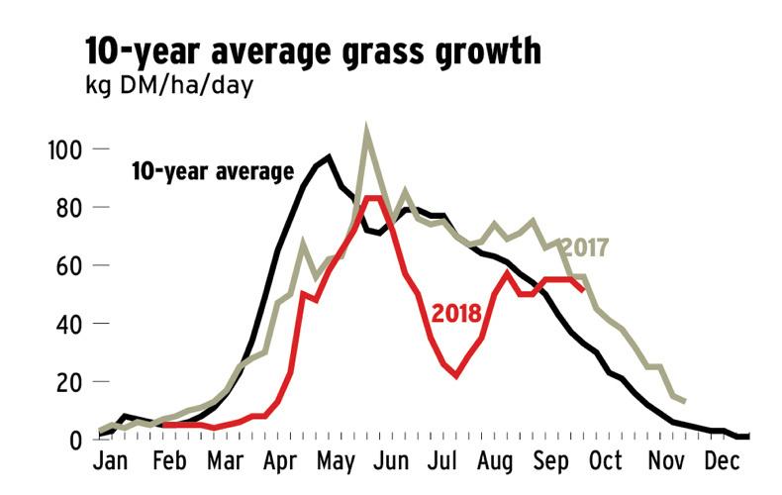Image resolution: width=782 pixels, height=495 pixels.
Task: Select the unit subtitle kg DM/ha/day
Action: tap(169, 86)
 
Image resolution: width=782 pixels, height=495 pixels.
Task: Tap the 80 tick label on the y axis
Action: tap(67, 207)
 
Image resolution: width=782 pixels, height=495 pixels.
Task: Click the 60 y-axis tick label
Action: tap(67, 265)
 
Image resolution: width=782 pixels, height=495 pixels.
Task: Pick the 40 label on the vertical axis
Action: tap(67, 324)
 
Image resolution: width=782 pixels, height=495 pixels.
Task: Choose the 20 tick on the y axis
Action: tap(67, 381)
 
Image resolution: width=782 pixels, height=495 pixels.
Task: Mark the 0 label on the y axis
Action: tap(75, 440)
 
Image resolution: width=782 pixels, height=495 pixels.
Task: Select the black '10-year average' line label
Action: tap(213, 171)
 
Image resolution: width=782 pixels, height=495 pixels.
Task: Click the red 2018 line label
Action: tap(456, 314)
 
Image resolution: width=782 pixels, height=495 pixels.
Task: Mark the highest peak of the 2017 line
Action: tap(367, 129)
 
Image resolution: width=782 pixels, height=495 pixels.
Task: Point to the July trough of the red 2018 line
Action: tap(456, 376)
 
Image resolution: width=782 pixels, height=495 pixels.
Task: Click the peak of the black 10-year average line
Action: tap(329, 156)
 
